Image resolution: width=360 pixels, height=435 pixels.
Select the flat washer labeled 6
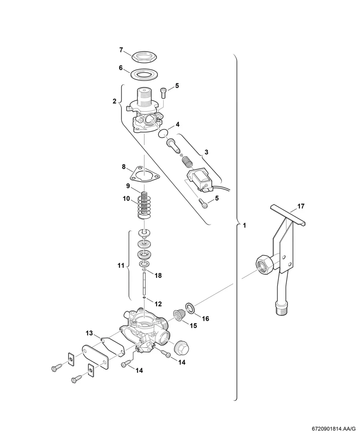tap(144, 74)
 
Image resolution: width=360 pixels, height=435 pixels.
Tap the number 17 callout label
tap(301, 206)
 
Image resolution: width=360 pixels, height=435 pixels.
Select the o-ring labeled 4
tap(163, 133)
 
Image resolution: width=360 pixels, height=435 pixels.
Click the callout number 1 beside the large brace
tap(244, 226)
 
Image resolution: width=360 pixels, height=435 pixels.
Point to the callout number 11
tap(121, 266)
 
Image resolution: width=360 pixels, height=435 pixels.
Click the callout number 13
tap(89, 333)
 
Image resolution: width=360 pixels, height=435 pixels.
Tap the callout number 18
tap(158, 275)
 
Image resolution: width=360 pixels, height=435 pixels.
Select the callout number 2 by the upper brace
tap(114, 101)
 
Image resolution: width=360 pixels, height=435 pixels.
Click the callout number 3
tap(206, 152)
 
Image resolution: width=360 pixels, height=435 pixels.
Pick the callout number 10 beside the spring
tap(126, 199)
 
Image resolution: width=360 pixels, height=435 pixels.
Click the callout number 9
tap(128, 186)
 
